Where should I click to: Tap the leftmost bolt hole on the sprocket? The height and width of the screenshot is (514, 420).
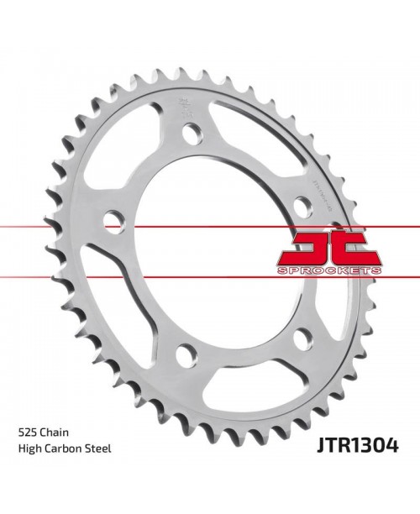(x=112, y=221)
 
